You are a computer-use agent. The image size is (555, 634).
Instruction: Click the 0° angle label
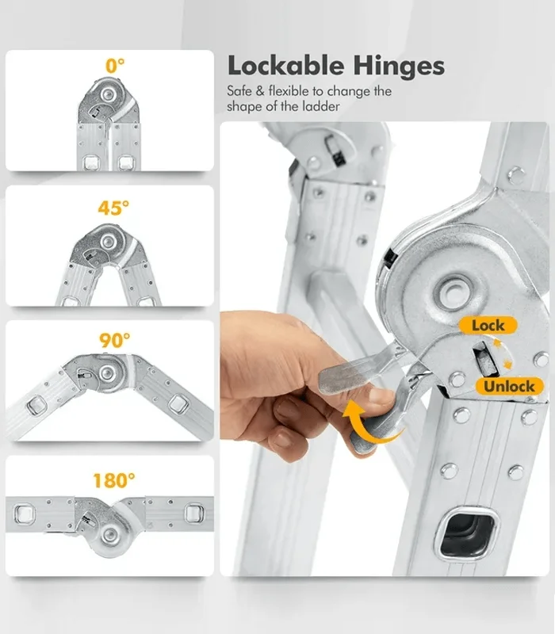click(x=115, y=66)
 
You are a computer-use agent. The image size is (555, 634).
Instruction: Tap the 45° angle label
click(x=113, y=208)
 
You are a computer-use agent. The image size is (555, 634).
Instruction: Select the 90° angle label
click(x=115, y=341)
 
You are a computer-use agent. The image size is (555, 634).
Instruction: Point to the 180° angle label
click(x=114, y=480)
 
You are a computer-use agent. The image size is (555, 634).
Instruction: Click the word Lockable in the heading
click(x=285, y=66)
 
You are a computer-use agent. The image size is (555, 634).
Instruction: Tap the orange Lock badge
click(x=488, y=325)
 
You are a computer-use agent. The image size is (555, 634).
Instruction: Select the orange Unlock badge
click(x=509, y=386)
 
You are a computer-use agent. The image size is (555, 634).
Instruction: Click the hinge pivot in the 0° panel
click(x=108, y=95)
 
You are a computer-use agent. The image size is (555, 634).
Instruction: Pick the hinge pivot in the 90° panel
click(x=107, y=373)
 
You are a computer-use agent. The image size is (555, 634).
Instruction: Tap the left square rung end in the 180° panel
click(x=25, y=514)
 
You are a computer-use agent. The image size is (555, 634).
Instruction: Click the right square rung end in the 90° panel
click(x=178, y=405)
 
